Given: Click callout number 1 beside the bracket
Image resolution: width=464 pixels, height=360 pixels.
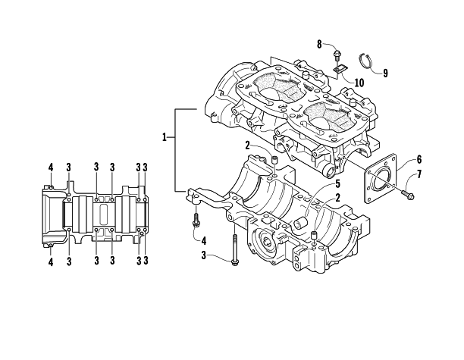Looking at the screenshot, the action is tap(165, 137).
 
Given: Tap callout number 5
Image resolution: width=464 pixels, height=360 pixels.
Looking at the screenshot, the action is tap(337, 184).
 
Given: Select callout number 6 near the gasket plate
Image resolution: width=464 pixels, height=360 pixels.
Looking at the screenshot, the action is tap(419, 159).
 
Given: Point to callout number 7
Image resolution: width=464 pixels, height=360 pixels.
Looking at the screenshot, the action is tap(419, 174).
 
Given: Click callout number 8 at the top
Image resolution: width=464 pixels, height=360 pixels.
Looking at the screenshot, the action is tap(319, 45).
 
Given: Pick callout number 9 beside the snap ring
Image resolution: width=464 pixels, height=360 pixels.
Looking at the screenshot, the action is tap(385, 73).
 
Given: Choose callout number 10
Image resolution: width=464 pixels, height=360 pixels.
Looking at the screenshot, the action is tap(359, 83).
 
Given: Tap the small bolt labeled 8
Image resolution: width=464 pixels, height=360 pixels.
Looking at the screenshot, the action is tap(337, 55).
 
